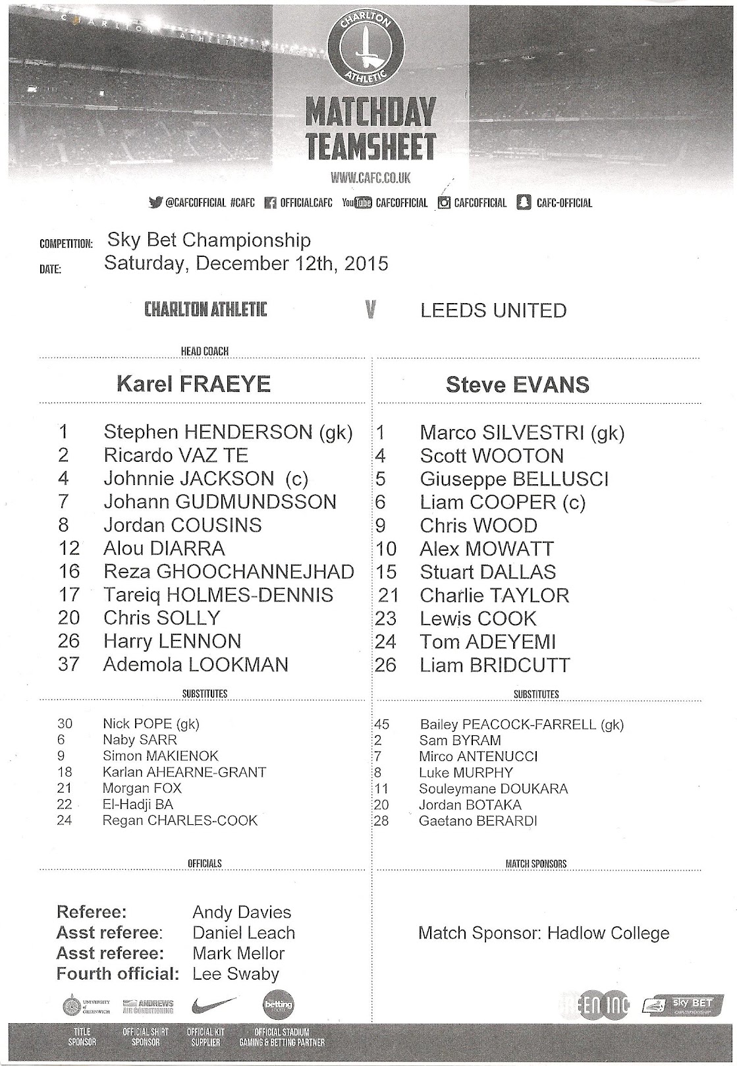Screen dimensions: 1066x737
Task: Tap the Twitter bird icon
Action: [x=155, y=203]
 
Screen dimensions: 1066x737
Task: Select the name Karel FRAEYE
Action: [x=194, y=384]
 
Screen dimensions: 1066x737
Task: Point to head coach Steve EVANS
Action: [x=518, y=385]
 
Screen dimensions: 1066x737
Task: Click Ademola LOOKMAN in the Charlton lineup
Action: [x=196, y=664]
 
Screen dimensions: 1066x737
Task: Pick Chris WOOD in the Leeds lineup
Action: [x=478, y=526]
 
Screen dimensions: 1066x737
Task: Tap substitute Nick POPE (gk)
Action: [x=151, y=723]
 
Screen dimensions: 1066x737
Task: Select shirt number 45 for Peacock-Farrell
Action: [x=381, y=724]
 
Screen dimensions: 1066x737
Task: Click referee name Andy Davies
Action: [x=242, y=912]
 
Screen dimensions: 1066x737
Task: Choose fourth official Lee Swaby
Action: [x=236, y=974]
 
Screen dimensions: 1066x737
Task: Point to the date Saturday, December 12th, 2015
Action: [x=246, y=264]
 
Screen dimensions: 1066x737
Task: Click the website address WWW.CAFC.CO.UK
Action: [x=371, y=177]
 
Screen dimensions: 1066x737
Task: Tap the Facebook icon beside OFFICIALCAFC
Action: [x=269, y=203]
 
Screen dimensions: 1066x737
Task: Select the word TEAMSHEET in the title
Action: [x=370, y=147]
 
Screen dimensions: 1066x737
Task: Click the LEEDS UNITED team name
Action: [x=493, y=310]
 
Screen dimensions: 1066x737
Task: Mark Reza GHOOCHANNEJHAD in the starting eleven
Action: [x=229, y=572]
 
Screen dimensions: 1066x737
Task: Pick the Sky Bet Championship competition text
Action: [x=209, y=240]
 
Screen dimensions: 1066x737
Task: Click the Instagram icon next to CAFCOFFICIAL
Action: [x=444, y=203]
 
